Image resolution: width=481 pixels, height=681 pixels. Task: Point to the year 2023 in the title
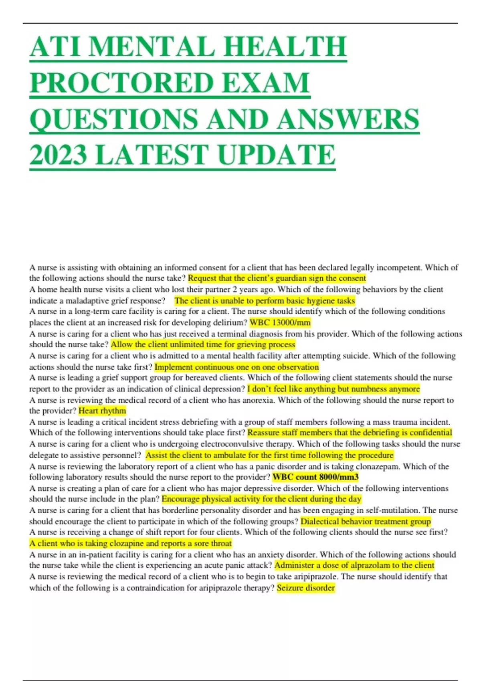[59, 155]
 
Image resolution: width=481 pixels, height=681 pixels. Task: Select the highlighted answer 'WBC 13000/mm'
[280, 322]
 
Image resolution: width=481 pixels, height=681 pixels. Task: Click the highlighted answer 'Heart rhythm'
[102, 411]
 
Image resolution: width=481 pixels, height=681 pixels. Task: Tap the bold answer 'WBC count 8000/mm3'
[315, 477]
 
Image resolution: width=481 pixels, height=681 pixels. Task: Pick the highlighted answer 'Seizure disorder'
[306, 588]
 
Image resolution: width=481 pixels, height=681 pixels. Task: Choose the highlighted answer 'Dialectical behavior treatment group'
[366, 521]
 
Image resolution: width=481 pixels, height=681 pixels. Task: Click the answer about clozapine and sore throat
[131, 544]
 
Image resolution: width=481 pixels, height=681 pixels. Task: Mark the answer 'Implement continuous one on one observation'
[236, 367]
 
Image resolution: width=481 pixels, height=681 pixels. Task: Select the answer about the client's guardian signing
[277, 278]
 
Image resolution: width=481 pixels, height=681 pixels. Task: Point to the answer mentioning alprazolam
[354, 565]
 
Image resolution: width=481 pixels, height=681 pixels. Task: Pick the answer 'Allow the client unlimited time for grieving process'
[203, 345]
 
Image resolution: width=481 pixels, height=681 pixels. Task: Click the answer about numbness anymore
[333, 389]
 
